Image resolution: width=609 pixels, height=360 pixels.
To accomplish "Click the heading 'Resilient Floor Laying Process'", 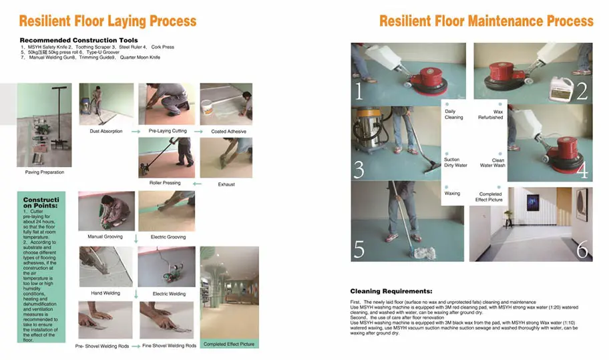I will (x=108, y=21).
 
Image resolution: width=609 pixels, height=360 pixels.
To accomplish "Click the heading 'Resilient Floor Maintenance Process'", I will (x=486, y=21).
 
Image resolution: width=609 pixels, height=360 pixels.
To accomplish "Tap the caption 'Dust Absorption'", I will (x=106, y=132).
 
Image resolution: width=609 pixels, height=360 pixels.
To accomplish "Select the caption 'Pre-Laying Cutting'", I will (x=167, y=132).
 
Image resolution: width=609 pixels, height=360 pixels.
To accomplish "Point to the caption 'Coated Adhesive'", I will (x=228, y=132).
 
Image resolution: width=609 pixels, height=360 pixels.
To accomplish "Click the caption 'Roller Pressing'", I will (x=165, y=183).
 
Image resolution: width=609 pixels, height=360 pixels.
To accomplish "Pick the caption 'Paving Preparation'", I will (x=43, y=172).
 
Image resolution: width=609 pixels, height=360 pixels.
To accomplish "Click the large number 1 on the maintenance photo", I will (x=360, y=90).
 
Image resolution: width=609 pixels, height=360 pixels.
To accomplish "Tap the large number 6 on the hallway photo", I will (x=582, y=250).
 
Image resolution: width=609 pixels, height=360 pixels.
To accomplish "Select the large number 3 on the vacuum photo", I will (x=359, y=170).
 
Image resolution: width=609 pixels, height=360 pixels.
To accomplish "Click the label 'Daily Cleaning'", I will (x=453, y=114).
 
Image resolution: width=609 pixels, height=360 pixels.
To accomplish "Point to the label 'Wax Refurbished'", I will (x=490, y=114).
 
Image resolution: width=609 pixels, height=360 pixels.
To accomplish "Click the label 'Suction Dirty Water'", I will (x=455, y=162).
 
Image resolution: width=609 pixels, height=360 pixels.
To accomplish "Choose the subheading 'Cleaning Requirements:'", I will (x=391, y=291).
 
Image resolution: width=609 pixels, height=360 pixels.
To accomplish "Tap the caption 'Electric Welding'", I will (x=170, y=293).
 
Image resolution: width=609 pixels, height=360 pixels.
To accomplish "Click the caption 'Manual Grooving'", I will (x=105, y=236).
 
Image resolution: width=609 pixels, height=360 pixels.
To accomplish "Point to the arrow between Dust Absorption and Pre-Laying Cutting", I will (x=136, y=132).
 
